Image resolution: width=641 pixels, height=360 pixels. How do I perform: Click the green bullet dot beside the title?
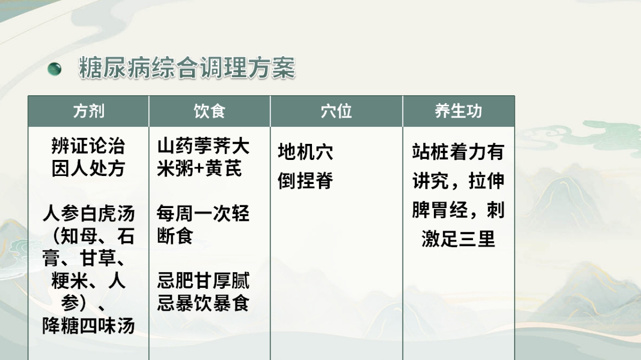(x=55, y=68)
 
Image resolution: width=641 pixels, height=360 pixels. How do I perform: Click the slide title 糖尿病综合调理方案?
(x=187, y=68)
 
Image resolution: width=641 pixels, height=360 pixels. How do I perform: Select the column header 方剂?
(x=88, y=111)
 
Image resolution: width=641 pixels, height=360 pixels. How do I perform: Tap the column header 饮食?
(x=209, y=111)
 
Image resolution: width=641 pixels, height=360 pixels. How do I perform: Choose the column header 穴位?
(x=336, y=111)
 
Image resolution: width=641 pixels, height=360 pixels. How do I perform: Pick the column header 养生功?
(x=459, y=111)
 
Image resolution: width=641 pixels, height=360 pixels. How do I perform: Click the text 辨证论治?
(x=88, y=145)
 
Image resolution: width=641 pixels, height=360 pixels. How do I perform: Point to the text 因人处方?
(x=88, y=168)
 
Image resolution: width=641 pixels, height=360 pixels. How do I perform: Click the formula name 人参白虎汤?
(x=88, y=214)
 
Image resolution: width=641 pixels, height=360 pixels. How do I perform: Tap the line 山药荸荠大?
(x=203, y=145)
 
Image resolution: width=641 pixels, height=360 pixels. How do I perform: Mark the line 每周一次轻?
(x=203, y=214)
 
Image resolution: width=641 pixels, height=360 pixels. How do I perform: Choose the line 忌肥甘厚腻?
(x=203, y=281)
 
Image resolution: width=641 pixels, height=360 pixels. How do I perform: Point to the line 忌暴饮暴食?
(x=203, y=304)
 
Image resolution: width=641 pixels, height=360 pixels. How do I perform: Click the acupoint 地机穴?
(x=306, y=152)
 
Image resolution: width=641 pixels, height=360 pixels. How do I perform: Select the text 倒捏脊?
(x=306, y=181)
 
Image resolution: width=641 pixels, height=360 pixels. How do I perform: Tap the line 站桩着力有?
(x=459, y=152)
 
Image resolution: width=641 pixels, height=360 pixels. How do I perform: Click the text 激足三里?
(x=459, y=239)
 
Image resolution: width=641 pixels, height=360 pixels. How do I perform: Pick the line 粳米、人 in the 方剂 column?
(x=88, y=281)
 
